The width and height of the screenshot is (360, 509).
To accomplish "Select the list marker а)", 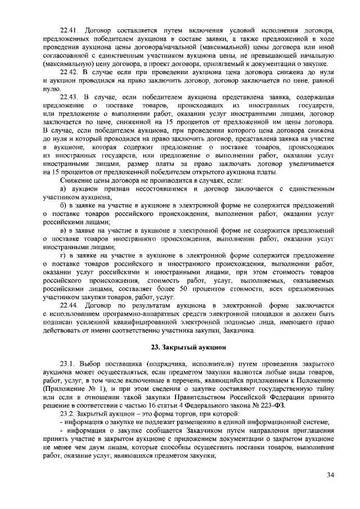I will click(x=64, y=190).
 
